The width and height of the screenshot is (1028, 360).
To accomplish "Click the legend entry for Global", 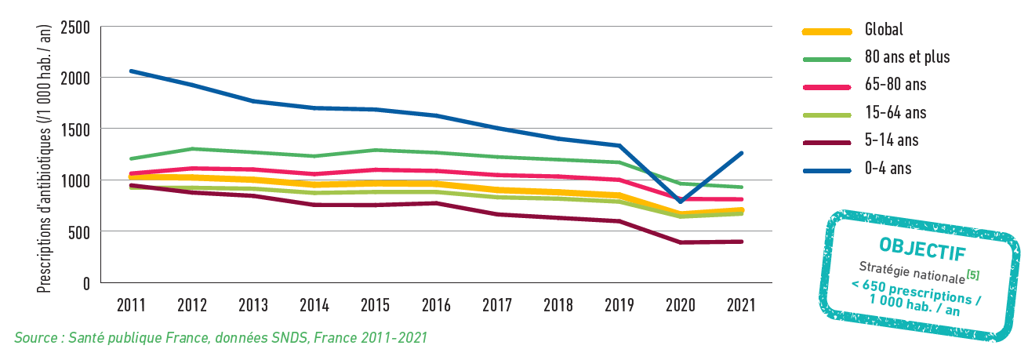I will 884,30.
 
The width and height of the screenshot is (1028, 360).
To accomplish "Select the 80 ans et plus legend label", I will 906,57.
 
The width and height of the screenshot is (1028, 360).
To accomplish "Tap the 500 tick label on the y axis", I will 78,232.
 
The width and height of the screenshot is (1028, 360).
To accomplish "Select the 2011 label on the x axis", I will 131,306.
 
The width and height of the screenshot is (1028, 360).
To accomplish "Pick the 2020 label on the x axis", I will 679,306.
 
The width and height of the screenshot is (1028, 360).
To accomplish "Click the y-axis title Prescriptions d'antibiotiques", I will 45,157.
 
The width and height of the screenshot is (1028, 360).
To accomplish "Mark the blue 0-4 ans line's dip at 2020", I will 680,202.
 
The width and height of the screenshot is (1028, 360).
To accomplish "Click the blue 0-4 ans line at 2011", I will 131,71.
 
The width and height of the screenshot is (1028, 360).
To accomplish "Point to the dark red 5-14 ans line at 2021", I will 741,242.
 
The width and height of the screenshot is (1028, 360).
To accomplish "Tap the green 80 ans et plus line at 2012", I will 193,149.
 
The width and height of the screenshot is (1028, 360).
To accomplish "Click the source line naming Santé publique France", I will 220,338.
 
